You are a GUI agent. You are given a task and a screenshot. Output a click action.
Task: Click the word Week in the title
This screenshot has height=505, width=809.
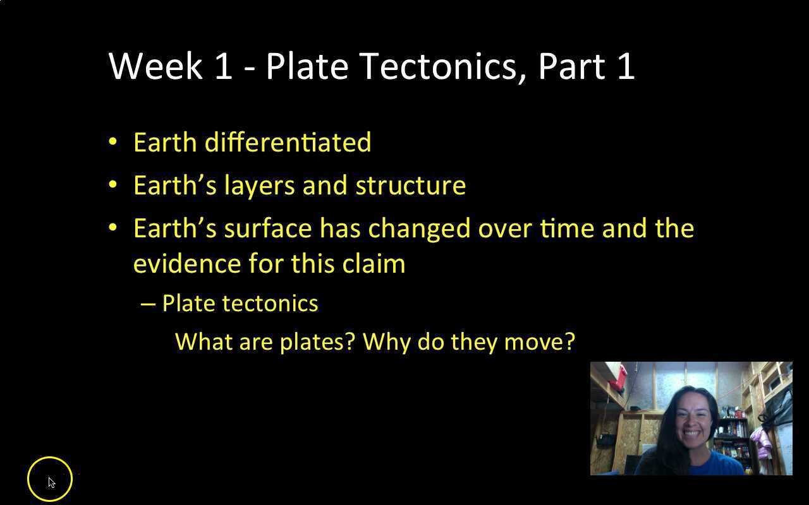tap(155, 66)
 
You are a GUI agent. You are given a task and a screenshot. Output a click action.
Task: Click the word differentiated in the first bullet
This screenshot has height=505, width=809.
tap(288, 142)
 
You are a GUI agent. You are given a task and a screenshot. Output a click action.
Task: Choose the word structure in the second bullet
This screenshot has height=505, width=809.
tap(410, 186)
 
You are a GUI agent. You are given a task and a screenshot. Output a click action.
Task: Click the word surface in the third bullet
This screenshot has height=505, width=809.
tap(268, 228)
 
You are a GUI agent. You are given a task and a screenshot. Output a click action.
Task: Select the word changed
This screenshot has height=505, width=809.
tap(419, 228)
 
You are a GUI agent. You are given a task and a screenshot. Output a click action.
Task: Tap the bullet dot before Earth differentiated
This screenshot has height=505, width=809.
tap(113, 141)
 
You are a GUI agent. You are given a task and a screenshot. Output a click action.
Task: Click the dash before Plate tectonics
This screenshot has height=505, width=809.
tap(148, 304)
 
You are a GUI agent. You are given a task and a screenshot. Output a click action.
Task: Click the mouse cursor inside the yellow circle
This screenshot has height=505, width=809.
tap(51, 482)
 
